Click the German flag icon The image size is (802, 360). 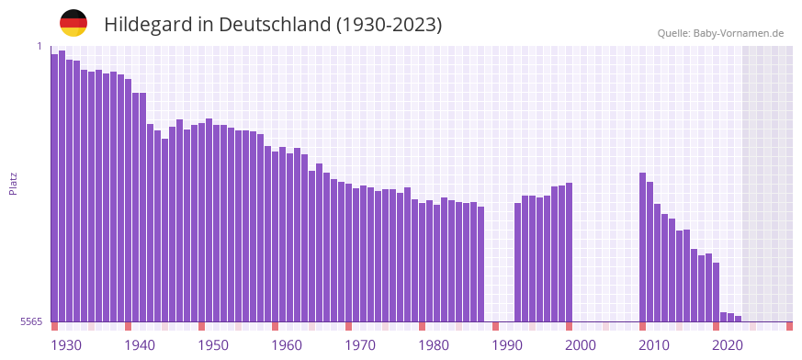(x=73, y=23)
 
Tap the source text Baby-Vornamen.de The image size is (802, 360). (x=738, y=33)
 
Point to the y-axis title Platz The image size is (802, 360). (x=13, y=183)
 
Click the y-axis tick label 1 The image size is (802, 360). (x=40, y=46)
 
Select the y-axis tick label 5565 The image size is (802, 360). (x=31, y=321)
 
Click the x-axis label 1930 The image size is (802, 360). (x=66, y=345)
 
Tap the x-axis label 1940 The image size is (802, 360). (x=140, y=345)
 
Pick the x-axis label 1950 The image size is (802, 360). (x=213, y=345)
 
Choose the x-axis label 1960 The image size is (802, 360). (x=287, y=345)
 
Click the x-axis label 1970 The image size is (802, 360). (x=360, y=345)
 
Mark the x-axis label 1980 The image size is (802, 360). (x=434, y=345)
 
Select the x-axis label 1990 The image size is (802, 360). (x=507, y=345)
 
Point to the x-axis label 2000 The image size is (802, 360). (x=581, y=345)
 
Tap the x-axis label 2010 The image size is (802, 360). (x=654, y=345)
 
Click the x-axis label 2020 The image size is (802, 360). (x=728, y=345)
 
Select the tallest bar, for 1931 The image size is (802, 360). (x=62, y=184)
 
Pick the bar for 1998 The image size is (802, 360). (x=570, y=252)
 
